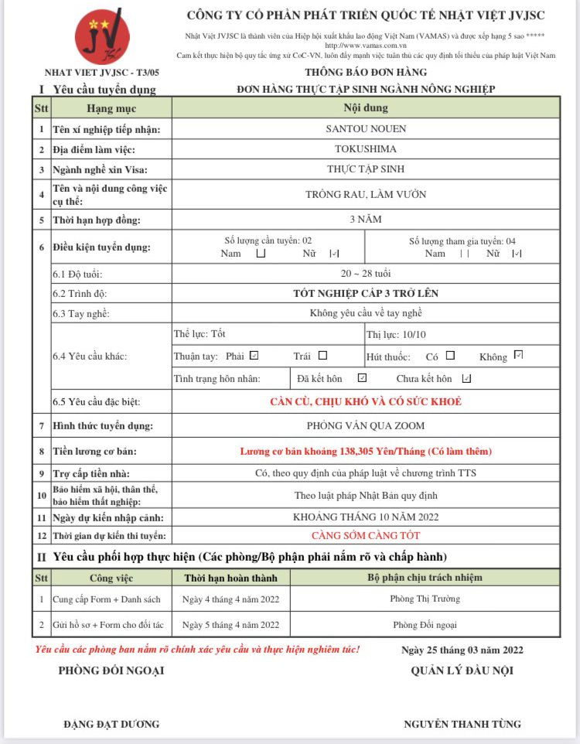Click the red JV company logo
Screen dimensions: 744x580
102,36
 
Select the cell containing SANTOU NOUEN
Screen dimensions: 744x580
366,129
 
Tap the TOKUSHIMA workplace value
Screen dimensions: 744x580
366,148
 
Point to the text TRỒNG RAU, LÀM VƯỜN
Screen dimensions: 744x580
366,194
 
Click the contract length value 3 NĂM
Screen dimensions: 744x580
366,220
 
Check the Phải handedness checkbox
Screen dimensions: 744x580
254,356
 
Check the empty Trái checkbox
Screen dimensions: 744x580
322,356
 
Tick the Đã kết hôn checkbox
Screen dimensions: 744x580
362,378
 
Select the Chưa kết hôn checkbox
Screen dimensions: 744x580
466,379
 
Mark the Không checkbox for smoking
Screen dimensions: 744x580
518,356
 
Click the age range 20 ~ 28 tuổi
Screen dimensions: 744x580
366,274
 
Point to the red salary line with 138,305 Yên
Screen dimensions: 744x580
366,451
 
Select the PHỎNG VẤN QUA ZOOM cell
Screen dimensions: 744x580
366,425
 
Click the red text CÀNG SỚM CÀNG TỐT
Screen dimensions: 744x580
366,535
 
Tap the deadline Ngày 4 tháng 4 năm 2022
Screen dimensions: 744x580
230,599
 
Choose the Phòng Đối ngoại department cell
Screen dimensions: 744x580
425,625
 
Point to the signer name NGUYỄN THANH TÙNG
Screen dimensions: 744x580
462,724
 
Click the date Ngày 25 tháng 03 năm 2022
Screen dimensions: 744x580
462,650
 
